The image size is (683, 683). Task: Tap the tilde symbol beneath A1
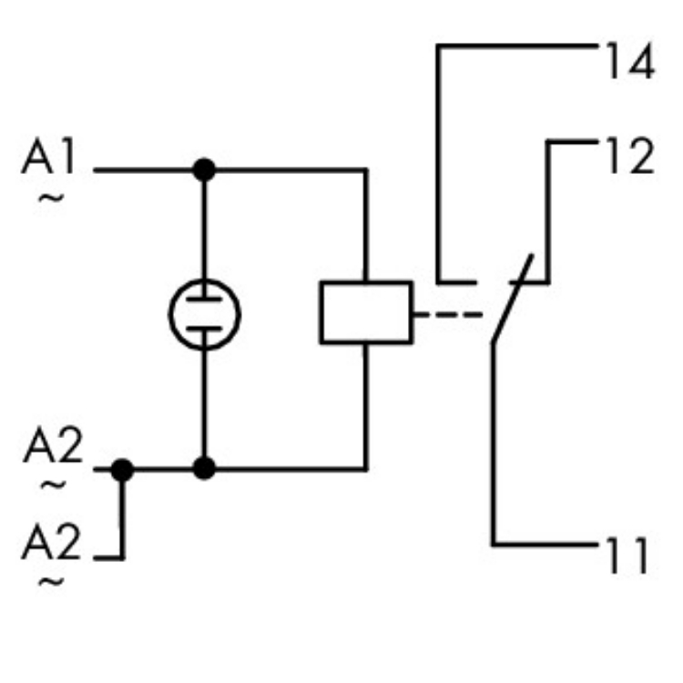[52, 197]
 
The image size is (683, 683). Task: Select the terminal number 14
[627, 64]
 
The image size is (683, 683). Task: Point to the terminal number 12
[627, 157]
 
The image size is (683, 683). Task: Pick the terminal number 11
[626, 556]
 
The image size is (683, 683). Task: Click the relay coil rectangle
[366, 312]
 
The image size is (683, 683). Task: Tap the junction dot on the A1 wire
[205, 169]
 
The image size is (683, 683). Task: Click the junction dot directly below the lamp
[205, 469]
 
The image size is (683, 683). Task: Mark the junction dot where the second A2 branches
[122, 469]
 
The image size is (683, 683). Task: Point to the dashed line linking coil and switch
[446, 315]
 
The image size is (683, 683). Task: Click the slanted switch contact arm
[512, 301]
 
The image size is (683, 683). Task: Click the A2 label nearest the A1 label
[52, 448]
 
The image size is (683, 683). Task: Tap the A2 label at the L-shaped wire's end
[52, 545]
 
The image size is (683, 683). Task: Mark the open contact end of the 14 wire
[474, 282]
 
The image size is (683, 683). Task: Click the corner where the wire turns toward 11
[494, 545]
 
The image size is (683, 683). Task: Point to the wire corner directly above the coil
[366, 170]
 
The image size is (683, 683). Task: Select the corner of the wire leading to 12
[548, 142]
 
